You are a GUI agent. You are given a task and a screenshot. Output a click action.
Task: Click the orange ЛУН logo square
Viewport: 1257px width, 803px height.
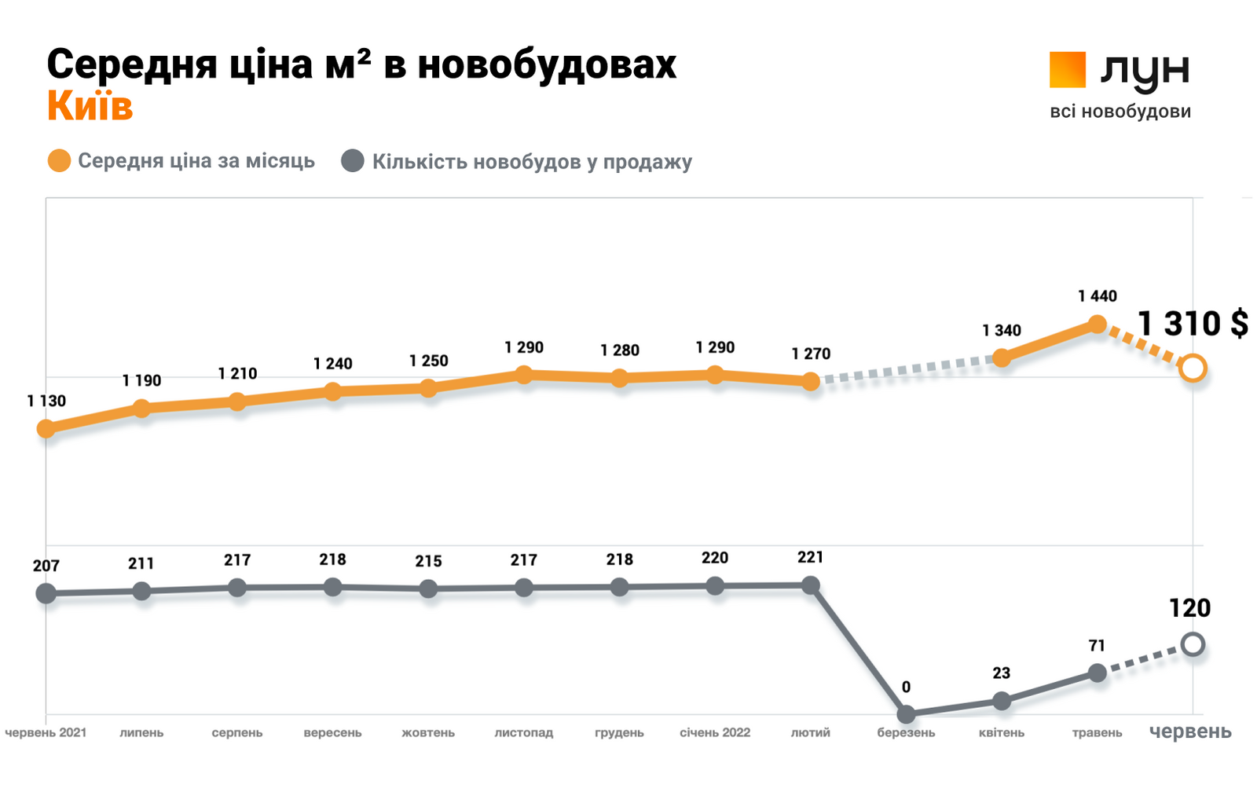point(1067,69)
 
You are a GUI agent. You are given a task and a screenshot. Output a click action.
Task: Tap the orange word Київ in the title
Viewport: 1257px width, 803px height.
point(90,106)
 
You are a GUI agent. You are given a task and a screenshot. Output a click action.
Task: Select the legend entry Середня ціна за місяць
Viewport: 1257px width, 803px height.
point(196,161)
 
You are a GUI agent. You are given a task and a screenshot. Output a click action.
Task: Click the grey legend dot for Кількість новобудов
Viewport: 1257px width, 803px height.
point(353,161)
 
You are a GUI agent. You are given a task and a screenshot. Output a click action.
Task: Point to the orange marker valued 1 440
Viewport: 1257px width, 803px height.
point(1097,324)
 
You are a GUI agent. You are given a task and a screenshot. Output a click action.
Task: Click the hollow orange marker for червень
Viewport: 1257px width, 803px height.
point(1193,368)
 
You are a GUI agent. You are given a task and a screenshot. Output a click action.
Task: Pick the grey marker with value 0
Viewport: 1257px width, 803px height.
point(906,713)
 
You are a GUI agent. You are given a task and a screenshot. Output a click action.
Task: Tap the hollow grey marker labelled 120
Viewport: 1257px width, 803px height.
point(1193,645)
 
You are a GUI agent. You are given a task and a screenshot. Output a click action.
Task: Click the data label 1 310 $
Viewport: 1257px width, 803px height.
point(1193,324)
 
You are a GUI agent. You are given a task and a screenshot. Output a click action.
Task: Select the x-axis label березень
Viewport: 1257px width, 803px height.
point(906,732)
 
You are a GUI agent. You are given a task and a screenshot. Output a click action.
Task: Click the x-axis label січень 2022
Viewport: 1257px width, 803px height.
point(715,732)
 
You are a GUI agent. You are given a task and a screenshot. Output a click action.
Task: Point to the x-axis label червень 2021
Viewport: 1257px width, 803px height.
point(46,732)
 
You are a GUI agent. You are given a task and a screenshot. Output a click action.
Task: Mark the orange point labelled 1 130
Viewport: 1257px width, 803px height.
point(46,428)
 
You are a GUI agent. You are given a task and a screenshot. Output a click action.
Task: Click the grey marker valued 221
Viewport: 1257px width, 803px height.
point(811,585)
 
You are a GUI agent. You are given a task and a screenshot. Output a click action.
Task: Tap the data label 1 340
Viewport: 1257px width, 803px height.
point(1001,331)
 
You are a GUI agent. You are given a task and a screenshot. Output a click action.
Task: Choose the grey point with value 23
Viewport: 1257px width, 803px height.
point(1001,700)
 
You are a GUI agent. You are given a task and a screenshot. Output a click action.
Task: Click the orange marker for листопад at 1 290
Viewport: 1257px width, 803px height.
point(524,375)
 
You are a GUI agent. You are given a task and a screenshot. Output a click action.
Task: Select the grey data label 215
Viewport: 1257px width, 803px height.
point(428,561)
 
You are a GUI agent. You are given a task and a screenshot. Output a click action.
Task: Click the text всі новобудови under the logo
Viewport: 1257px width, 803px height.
point(1120,112)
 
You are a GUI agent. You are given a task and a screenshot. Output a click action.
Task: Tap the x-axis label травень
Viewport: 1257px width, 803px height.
point(1097,732)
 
